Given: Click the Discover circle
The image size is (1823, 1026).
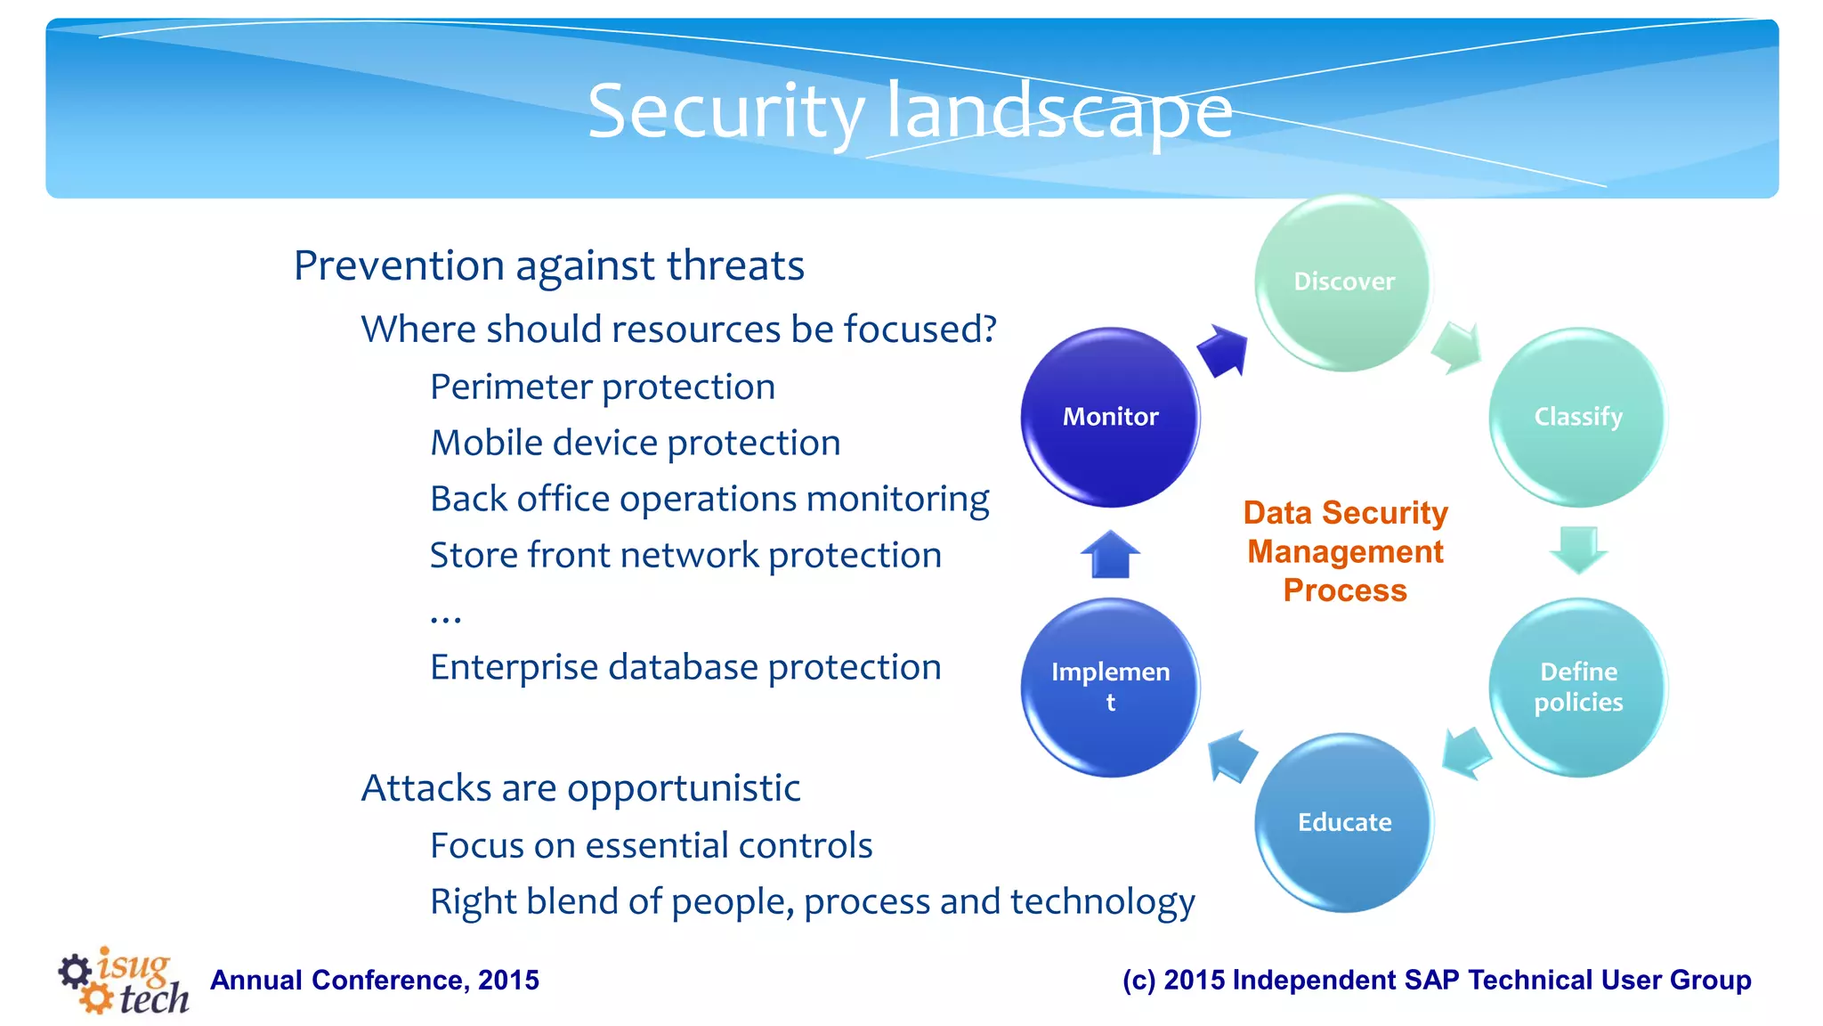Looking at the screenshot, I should (1343, 282).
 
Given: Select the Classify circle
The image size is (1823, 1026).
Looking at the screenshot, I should (1577, 417).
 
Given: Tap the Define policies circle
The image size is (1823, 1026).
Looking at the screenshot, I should (1577, 687).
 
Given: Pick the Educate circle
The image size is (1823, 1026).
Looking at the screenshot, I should (1343, 822).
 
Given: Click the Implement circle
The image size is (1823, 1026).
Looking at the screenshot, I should (1110, 687).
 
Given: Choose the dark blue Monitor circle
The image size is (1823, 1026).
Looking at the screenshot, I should (1110, 417).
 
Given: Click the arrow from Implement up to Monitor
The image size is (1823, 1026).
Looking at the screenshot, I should (1110, 555).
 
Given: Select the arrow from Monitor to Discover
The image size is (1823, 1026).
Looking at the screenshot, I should (1223, 350).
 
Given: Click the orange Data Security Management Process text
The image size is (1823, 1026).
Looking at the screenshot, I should (1345, 551).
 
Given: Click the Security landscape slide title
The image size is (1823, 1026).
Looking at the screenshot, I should (910, 111).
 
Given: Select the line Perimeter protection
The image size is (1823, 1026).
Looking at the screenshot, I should (603, 387).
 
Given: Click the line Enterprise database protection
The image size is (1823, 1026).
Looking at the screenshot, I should (685, 667).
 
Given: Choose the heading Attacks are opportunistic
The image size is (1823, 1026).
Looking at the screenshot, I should (580, 788).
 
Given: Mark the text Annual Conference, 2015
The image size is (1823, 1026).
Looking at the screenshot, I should (375, 981).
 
